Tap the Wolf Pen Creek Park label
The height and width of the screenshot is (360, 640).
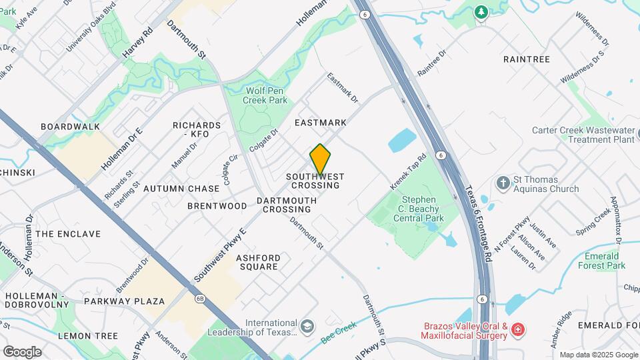266,95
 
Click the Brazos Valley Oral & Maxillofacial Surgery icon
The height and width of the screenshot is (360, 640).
518,329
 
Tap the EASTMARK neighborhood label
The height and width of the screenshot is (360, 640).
321,123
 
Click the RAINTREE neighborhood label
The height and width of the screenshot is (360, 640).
527,59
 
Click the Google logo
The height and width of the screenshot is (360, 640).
22,351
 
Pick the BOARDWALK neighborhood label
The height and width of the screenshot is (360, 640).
70,127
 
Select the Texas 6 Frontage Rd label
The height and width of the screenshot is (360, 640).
479,223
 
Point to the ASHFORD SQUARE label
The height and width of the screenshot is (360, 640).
257,262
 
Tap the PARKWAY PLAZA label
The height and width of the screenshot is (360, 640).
124,301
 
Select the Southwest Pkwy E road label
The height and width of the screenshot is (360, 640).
221,254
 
